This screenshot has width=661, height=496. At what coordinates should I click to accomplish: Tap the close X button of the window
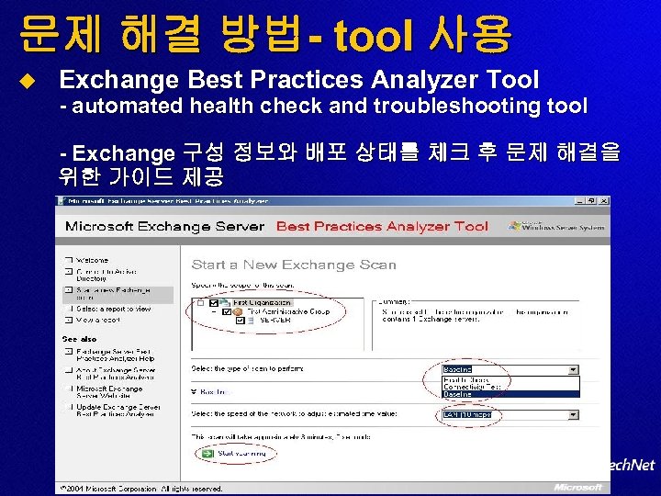(x=603, y=200)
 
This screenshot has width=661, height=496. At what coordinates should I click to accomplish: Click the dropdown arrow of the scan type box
(x=574, y=370)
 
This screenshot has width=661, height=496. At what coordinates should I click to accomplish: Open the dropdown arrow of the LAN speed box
(x=574, y=415)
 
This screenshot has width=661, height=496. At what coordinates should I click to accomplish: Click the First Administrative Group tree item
(x=280, y=311)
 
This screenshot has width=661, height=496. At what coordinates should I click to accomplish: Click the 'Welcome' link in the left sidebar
(x=93, y=260)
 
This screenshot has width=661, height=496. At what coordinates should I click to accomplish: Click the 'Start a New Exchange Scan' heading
(x=293, y=265)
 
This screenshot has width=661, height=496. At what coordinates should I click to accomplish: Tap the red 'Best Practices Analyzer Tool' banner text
(x=382, y=226)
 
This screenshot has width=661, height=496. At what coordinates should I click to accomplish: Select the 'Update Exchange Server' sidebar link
(x=117, y=406)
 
